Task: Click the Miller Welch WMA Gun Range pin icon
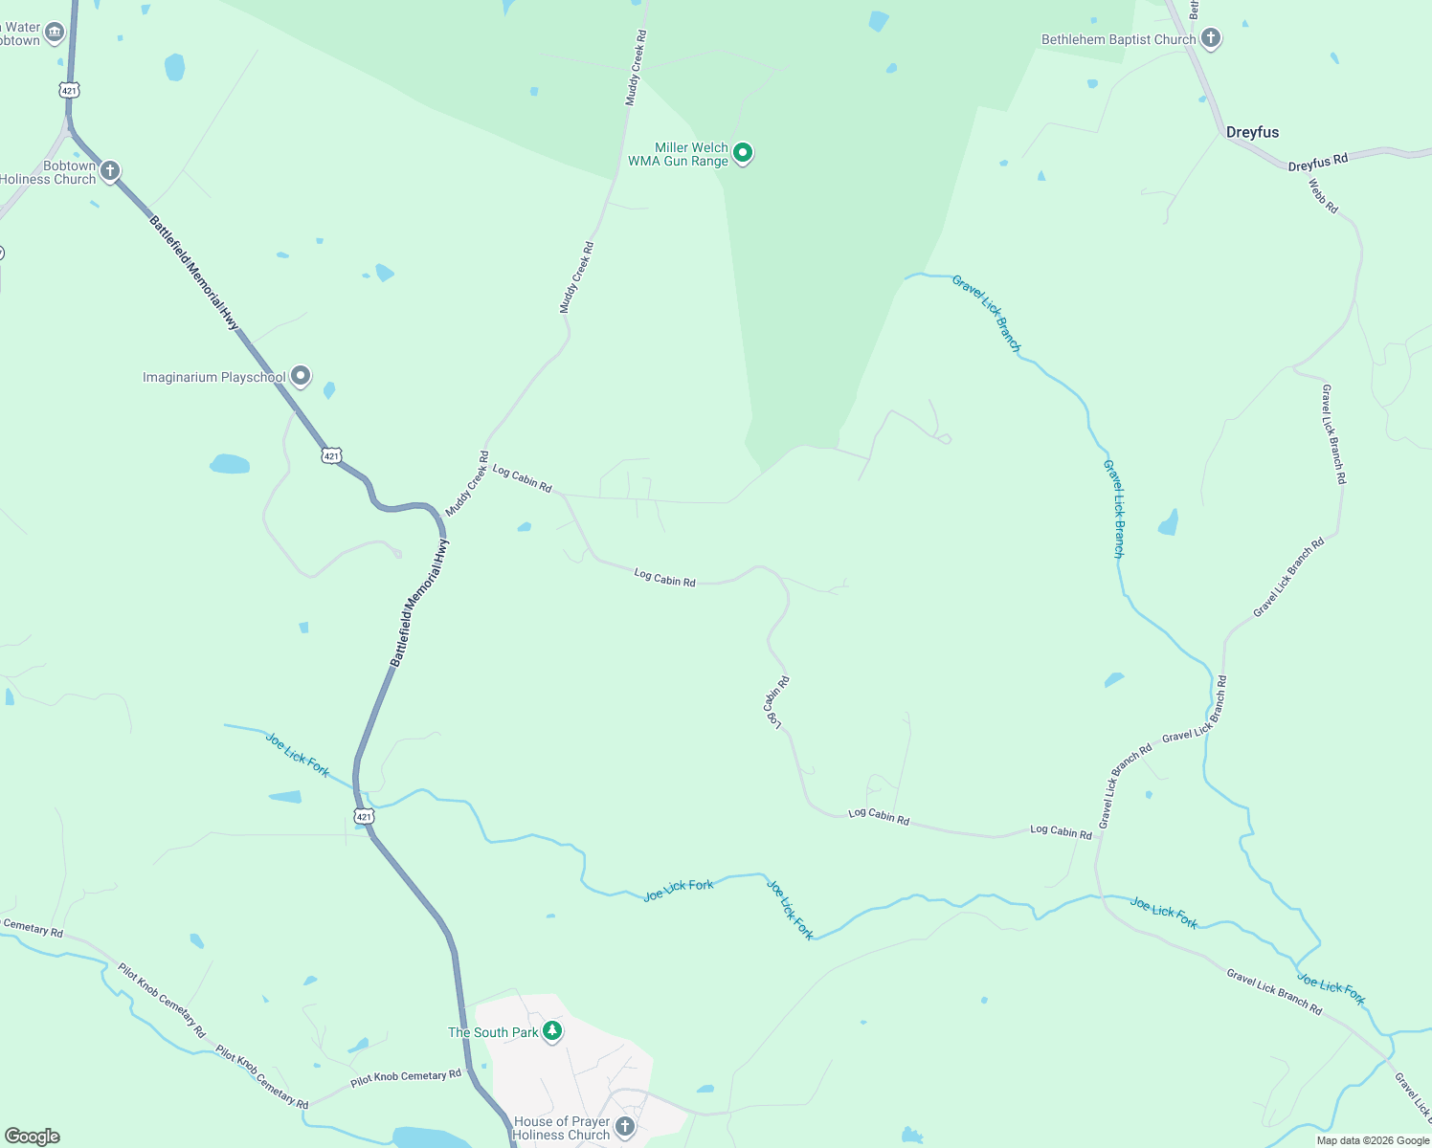click(742, 153)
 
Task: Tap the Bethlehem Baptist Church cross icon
click(1211, 39)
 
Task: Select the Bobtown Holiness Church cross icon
click(110, 171)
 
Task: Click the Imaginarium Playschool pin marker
click(301, 377)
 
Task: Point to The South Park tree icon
click(552, 1031)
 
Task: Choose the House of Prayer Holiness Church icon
click(625, 1127)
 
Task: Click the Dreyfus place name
click(1252, 132)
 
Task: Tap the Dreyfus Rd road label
click(1317, 164)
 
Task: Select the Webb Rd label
click(1323, 196)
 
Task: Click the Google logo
click(33, 1137)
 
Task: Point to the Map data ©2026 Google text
click(1373, 1140)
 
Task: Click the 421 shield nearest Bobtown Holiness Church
click(68, 90)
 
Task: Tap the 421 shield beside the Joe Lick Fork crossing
click(363, 816)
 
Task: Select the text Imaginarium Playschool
click(213, 377)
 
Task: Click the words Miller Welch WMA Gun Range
click(678, 154)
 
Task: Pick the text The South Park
click(493, 1032)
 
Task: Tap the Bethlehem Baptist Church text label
click(1118, 39)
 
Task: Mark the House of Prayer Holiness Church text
click(561, 1128)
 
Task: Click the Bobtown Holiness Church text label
click(48, 172)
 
